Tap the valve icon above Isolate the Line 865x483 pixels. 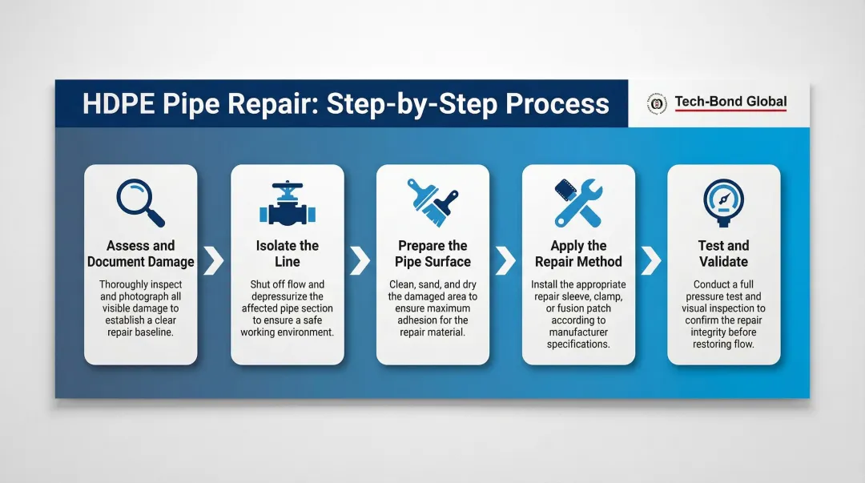[x=287, y=205]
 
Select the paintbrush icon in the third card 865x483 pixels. [x=432, y=203]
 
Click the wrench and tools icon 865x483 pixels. [x=578, y=203]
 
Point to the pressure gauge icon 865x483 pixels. [x=723, y=203]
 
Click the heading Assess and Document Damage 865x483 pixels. [x=141, y=254]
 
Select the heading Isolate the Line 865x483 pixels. [x=288, y=254]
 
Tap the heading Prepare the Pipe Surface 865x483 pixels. [x=432, y=254]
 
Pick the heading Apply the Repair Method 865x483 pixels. [x=578, y=254]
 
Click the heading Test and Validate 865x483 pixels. [x=723, y=254]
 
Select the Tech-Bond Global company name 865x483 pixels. [x=730, y=102]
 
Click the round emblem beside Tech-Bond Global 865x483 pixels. [x=657, y=103]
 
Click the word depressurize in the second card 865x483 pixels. [x=287, y=296]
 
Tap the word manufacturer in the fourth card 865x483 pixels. [x=578, y=332]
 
